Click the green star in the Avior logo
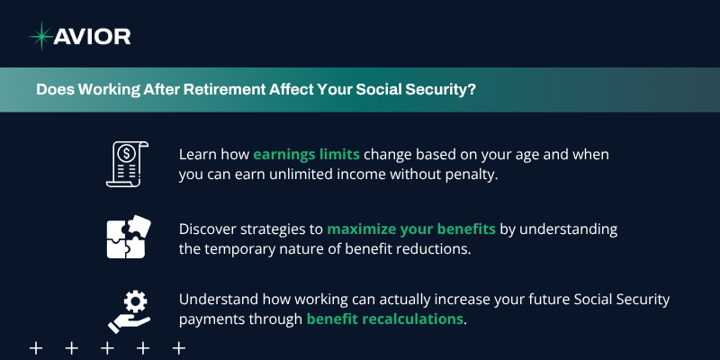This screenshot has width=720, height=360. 40,36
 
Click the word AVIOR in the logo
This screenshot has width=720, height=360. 93,37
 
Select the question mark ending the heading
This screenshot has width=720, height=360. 472,89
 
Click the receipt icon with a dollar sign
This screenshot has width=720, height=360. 127,164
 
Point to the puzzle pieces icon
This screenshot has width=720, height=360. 129,237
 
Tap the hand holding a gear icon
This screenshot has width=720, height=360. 129,311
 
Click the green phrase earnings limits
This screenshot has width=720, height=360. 306,155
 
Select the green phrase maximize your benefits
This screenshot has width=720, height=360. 411,229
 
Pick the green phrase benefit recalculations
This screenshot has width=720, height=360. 385,319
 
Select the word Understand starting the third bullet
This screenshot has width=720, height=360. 219,300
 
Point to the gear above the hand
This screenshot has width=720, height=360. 136,301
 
